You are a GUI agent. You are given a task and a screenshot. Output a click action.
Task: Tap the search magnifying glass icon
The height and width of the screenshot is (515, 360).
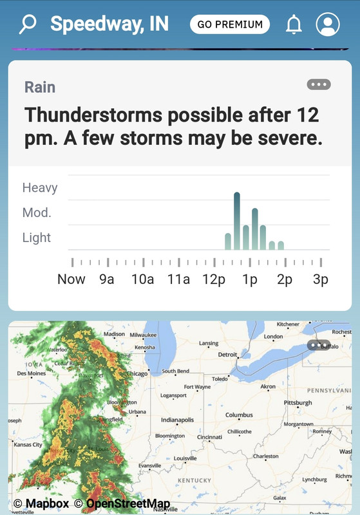point(28,24)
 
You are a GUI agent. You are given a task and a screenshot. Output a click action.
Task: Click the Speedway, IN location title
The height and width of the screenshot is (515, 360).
point(109,24)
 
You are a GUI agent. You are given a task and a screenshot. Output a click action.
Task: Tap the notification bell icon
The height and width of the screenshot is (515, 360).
point(294,24)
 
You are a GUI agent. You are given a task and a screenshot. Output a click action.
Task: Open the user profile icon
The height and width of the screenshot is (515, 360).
point(328,24)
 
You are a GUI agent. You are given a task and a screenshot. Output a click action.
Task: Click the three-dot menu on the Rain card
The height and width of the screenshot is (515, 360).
point(319,84)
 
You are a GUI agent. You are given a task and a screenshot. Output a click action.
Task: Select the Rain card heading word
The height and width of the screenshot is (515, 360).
point(40,87)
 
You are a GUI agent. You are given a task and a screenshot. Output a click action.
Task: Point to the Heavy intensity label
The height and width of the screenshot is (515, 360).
point(40,188)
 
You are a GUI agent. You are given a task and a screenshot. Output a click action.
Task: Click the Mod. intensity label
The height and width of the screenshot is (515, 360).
point(37,212)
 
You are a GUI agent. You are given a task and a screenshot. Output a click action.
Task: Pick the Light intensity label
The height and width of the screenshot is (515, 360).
point(37,238)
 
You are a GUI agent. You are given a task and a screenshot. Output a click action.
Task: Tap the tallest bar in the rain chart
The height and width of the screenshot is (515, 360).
point(237,220)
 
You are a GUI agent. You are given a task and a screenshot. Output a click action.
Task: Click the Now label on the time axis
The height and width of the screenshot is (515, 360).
point(71,279)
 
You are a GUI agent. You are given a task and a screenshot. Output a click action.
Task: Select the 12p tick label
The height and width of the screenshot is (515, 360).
point(214,279)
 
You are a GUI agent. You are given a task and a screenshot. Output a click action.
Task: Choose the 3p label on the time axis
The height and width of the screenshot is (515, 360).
point(321,279)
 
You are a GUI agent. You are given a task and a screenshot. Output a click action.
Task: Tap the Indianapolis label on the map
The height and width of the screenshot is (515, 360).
point(177,420)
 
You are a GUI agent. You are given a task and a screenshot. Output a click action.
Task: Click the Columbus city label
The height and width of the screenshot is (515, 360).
point(239,415)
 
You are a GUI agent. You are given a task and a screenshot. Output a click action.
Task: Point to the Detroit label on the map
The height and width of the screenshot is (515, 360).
point(227,355)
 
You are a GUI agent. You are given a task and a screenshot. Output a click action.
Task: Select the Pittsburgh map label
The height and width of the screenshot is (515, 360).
point(298,403)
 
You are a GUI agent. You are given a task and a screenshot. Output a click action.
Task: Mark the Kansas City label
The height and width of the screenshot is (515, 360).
point(28,445)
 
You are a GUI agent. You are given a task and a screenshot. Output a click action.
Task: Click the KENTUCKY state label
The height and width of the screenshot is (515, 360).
point(194,480)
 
